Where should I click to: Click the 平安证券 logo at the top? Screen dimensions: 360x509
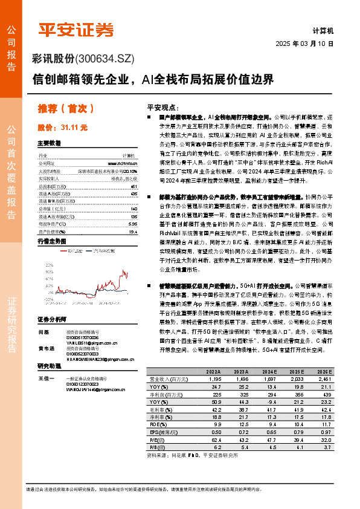76,28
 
